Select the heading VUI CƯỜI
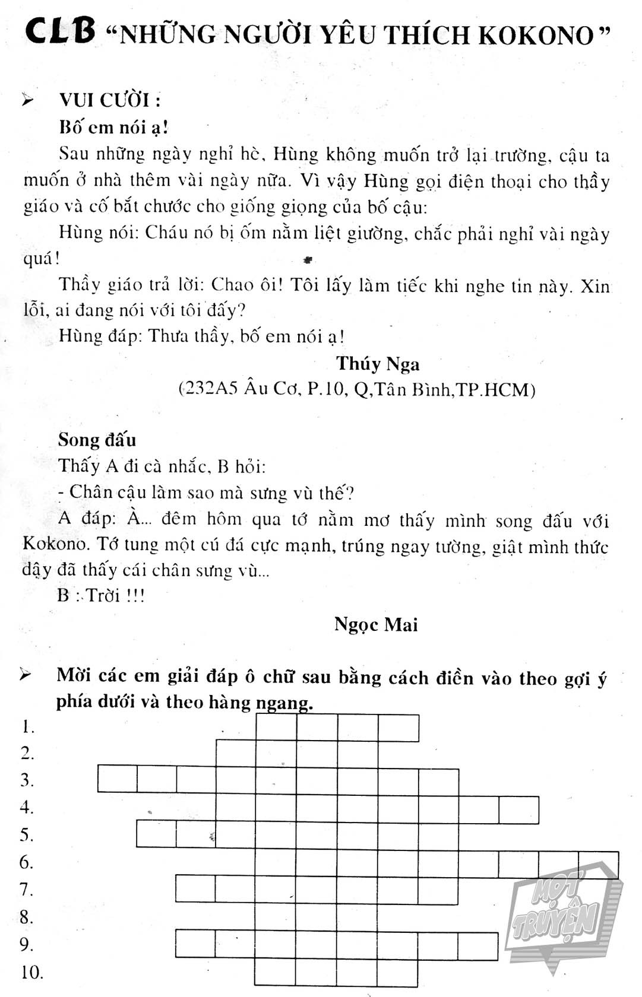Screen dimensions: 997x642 pyautogui.click(x=110, y=100)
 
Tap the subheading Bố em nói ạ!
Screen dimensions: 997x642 pyautogui.click(x=113, y=127)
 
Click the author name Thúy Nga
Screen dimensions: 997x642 pyautogui.click(x=377, y=363)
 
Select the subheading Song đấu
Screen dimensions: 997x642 pyautogui.click(x=97, y=440)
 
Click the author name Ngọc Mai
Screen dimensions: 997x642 pyautogui.click(x=376, y=624)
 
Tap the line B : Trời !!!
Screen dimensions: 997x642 pyautogui.click(x=100, y=595)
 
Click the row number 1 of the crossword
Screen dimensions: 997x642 pyautogui.click(x=27, y=727)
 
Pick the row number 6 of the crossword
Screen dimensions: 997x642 pyautogui.click(x=27, y=862)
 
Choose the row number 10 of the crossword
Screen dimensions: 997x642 pyautogui.click(x=31, y=972)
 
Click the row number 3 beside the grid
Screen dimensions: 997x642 pyautogui.click(x=27, y=780)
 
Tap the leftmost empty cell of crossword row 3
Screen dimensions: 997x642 pyautogui.click(x=117, y=779)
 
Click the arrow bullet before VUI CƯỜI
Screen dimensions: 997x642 pyautogui.click(x=27, y=100)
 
